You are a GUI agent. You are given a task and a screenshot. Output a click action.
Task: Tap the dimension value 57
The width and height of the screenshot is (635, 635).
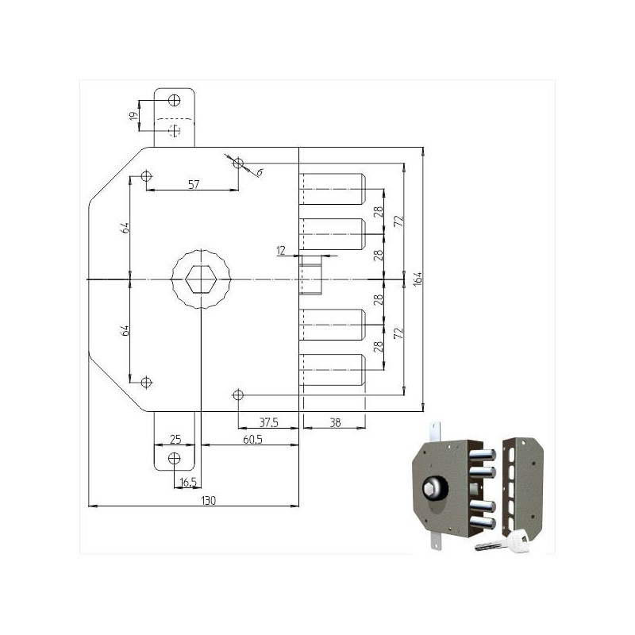193,184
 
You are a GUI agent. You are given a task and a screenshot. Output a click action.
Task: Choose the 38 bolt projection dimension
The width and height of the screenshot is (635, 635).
335,423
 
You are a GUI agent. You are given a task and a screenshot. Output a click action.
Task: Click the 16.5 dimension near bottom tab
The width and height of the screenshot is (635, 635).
188,482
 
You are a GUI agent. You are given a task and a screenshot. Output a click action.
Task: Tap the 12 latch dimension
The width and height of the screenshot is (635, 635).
280,251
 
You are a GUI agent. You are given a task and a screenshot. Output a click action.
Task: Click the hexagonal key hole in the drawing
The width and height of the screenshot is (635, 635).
202,279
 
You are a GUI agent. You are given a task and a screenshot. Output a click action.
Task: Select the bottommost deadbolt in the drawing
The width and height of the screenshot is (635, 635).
333,370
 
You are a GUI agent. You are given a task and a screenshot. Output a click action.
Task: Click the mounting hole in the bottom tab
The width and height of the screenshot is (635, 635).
175,458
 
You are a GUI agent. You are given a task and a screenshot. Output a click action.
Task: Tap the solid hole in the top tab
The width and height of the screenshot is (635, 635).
175,100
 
